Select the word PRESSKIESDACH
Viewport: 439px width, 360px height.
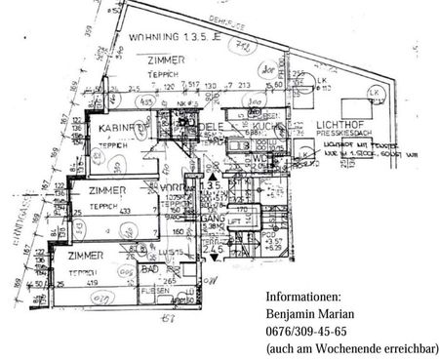(341, 135)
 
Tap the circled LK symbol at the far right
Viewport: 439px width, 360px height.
(372, 93)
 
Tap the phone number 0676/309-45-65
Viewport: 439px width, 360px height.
(306, 332)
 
